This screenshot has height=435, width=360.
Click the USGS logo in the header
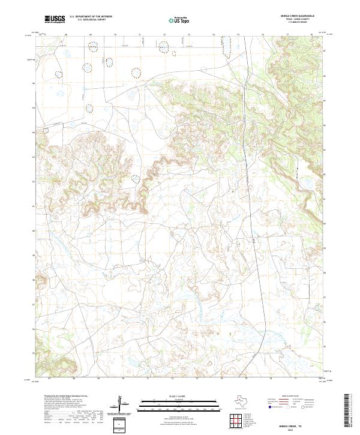tap(55, 19)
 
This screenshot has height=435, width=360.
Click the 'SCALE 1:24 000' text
tap(180, 397)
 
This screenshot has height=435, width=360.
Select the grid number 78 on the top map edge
tap(311, 35)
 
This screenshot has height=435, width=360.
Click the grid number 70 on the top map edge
tap(115, 35)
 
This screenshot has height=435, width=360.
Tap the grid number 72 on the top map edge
tap(164, 35)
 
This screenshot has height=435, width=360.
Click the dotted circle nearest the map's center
tap(136, 178)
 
